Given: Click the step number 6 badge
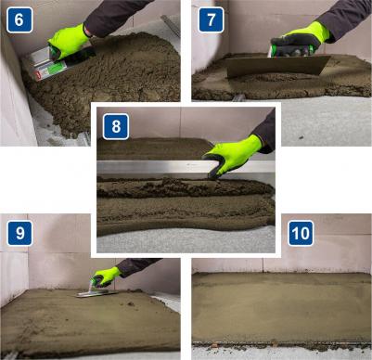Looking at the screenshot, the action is tap(19, 19).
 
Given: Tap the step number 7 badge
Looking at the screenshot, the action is tap(211, 19).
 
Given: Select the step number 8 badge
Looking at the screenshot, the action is tap(116, 126).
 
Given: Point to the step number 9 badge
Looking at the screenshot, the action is tap(19, 233).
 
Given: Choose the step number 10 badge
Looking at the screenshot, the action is tap(301, 233).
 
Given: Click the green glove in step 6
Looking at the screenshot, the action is tap(68, 43).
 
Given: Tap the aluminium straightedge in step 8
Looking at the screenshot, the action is tap(186, 167).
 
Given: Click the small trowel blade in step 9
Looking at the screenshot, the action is tap(96, 293).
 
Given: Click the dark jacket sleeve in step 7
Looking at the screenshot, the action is tap(346, 19).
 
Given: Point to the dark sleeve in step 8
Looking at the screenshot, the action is tap(266, 134).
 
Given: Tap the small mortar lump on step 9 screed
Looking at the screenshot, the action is tap(131, 303).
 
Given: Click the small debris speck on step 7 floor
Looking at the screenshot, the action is tap(301, 137).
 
